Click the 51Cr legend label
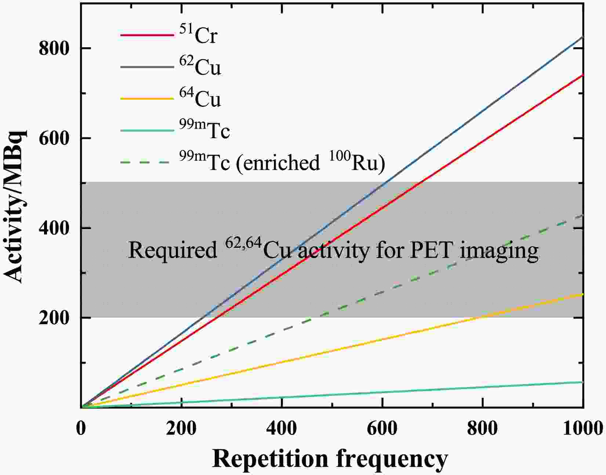(198, 36)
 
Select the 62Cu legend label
(200, 67)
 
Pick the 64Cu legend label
(200, 99)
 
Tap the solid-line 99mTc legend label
(205, 130)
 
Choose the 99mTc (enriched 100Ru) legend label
(282, 162)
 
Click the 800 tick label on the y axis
(54, 48)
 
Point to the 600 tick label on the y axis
(54, 139)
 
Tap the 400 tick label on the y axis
(54, 228)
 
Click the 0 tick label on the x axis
(81, 428)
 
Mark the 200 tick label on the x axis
(181, 428)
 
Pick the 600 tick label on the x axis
(382, 428)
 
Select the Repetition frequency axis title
(330, 458)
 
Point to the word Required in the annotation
(173, 251)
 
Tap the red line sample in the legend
(147, 36)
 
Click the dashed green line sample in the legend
(147, 162)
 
